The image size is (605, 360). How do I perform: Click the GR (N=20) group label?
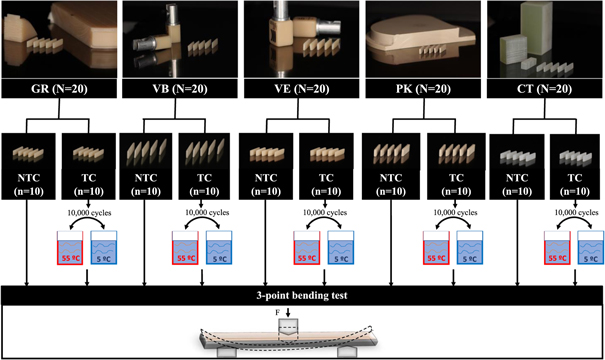point(59,89)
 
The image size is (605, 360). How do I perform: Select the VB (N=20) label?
point(180,89)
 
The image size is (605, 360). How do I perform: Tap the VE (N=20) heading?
point(302,89)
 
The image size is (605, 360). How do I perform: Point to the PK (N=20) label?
point(423,89)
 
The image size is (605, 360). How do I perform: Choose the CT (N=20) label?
point(544,89)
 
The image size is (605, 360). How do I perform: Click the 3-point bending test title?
point(302,296)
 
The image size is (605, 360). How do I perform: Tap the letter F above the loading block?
point(277,313)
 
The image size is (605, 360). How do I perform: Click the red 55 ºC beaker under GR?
point(70,248)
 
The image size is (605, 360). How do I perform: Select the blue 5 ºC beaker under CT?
point(590,248)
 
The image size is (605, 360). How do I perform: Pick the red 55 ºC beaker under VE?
point(307,248)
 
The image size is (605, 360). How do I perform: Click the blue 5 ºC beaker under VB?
point(219,248)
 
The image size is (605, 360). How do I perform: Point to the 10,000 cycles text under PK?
point(455,213)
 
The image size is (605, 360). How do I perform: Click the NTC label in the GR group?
point(29,178)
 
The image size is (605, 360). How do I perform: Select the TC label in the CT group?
point(575,178)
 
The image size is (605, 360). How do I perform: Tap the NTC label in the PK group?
point(391,178)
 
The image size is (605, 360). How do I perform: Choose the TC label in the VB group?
point(204,178)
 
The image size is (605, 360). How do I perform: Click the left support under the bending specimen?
point(226,352)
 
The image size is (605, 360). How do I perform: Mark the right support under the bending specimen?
point(347,352)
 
